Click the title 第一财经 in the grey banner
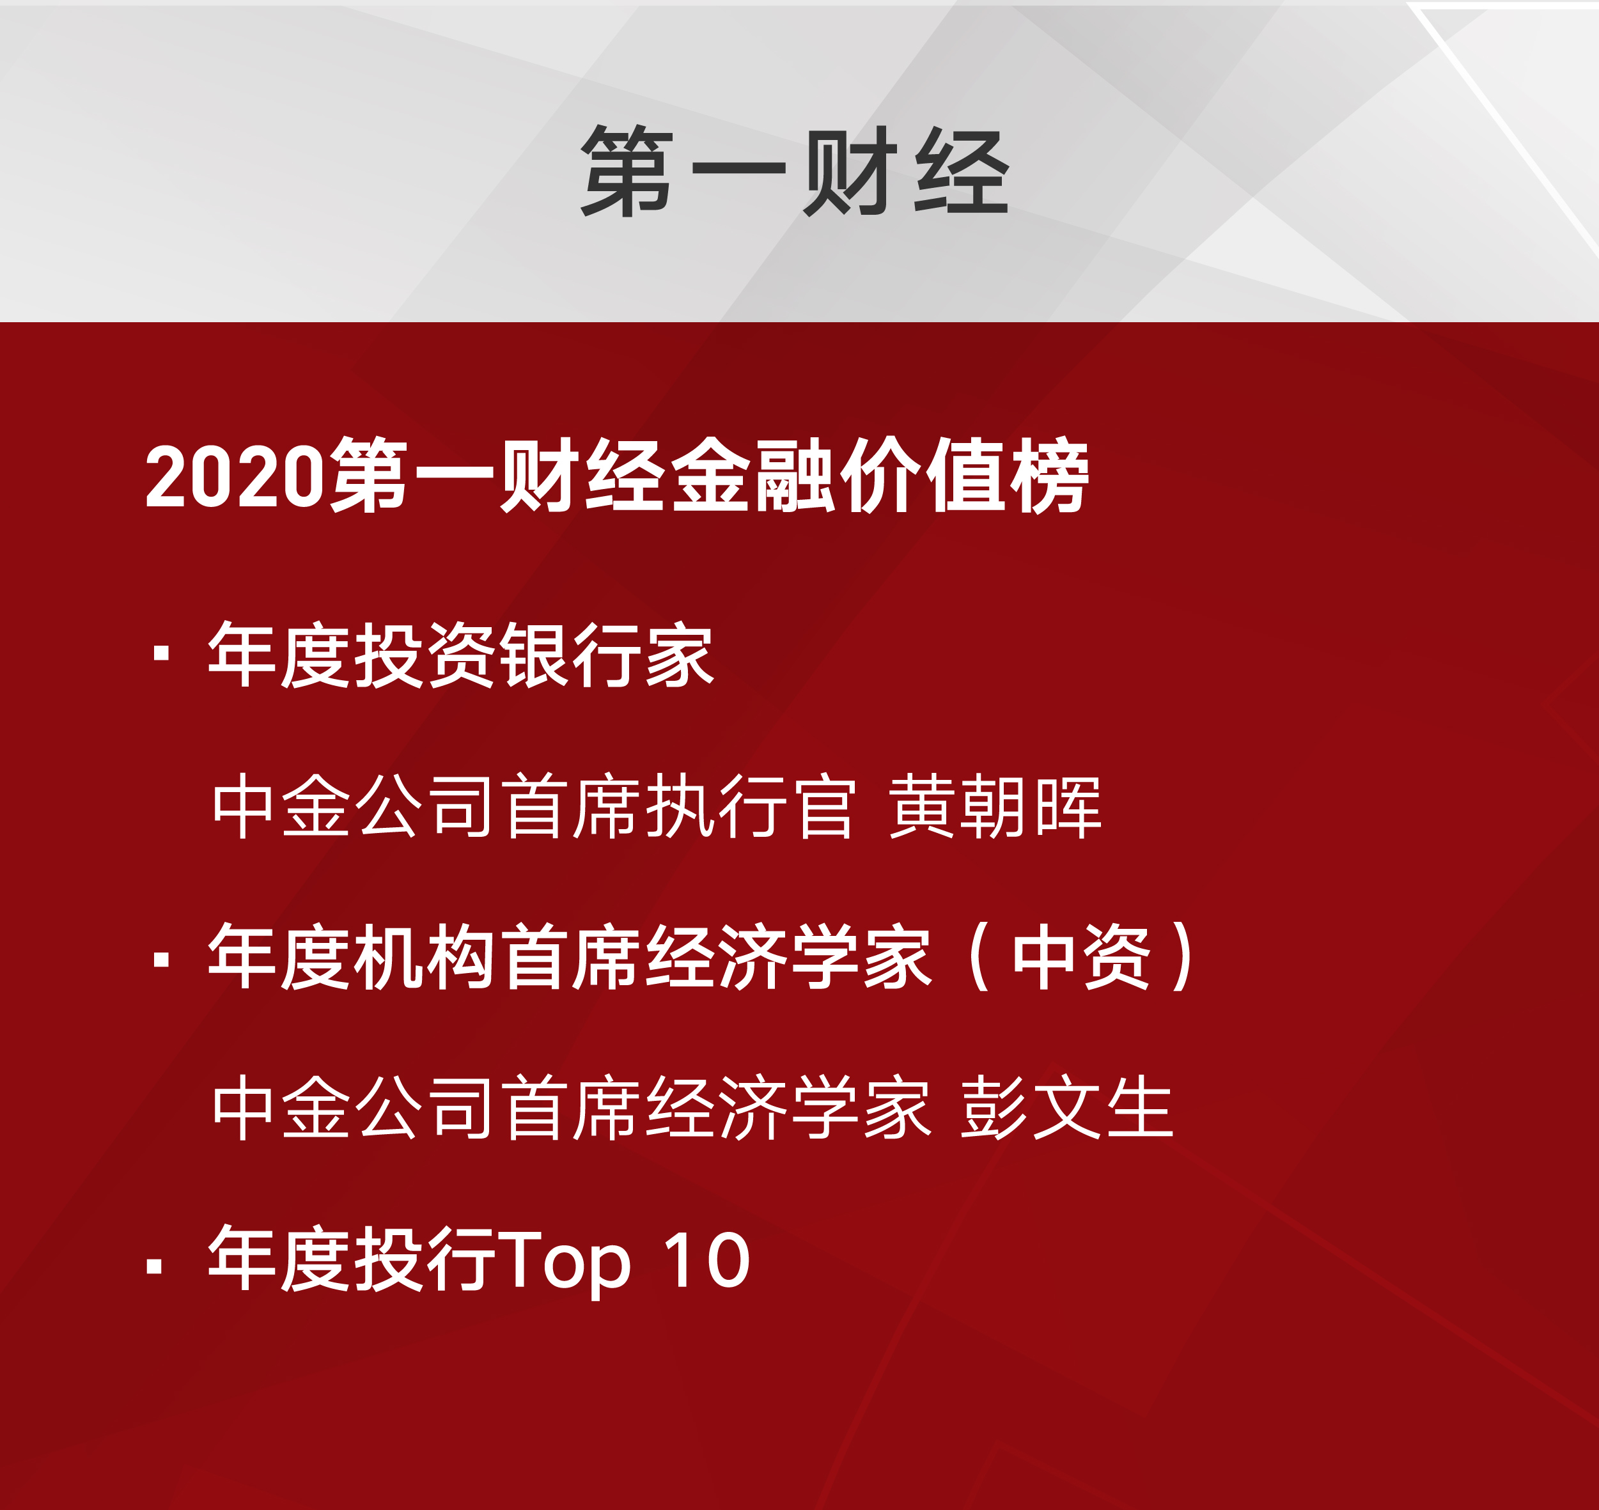795,171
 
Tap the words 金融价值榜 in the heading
879,475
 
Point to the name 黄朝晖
995,807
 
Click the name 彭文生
1067,1109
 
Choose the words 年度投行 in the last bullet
352,1259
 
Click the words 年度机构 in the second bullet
350,957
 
